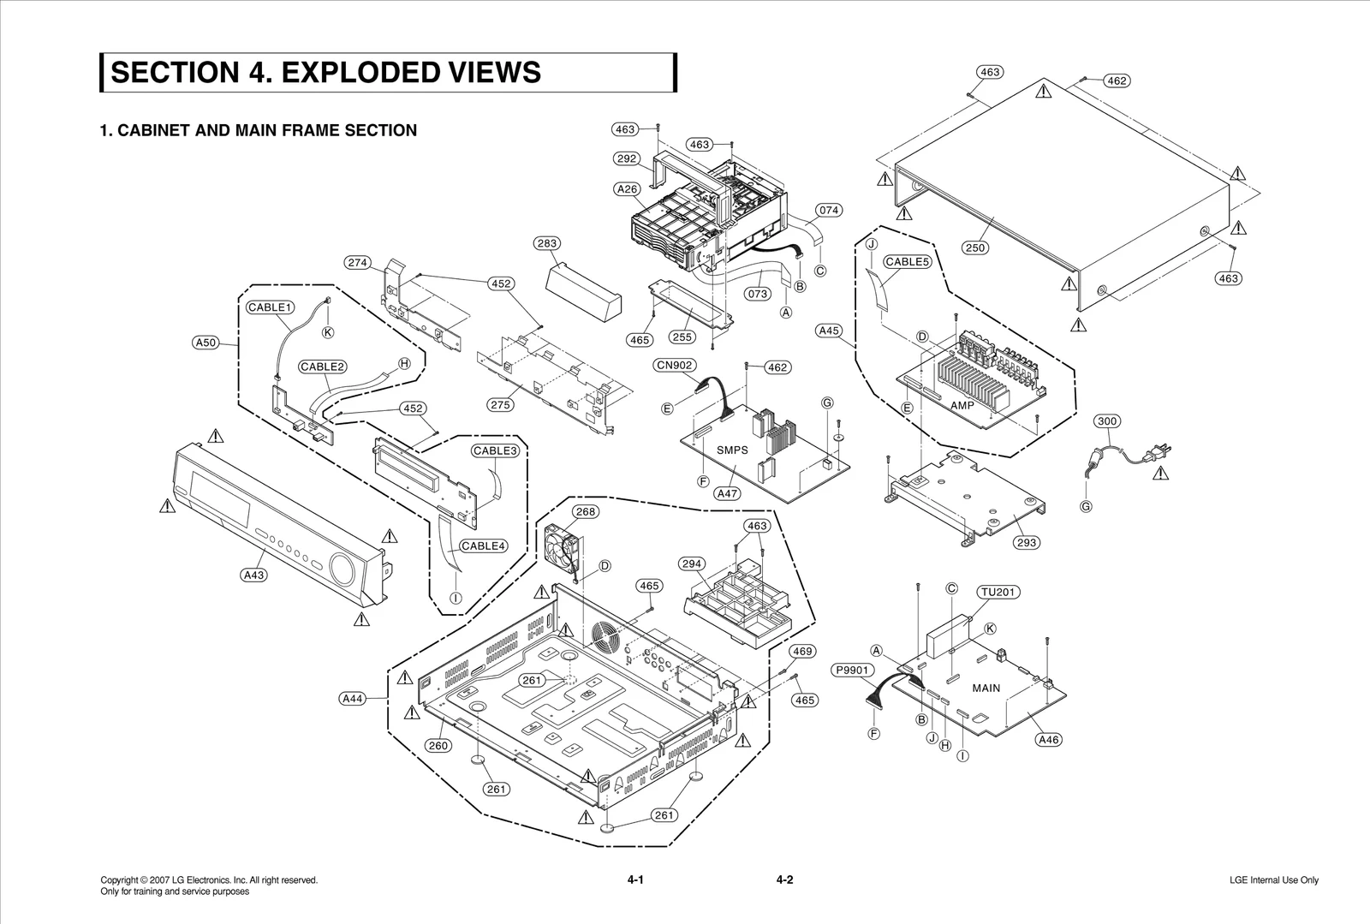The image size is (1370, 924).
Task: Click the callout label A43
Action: (253, 575)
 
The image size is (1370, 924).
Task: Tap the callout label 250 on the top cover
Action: (975, 247)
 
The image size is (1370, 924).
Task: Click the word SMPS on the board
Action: (732, 450)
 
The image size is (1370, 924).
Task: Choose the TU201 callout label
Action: (998, 592)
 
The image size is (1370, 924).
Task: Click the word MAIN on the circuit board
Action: (986, 688)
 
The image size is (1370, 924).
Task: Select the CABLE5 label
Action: (907, 262)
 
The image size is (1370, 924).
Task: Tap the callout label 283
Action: (547, 243)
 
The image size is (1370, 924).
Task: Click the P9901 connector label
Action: (854, 671)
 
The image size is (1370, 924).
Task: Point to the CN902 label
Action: (675, 365)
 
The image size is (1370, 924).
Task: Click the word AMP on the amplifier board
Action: (962, 405)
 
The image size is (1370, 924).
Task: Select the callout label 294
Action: (692, 563)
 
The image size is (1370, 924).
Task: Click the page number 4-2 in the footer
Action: (784, 879)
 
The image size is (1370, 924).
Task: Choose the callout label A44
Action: (353, 699)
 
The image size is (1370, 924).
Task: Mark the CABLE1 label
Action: (271, 307)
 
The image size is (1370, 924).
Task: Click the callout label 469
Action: (802, 652)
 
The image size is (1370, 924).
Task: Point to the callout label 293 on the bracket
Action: (1026, 542)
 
